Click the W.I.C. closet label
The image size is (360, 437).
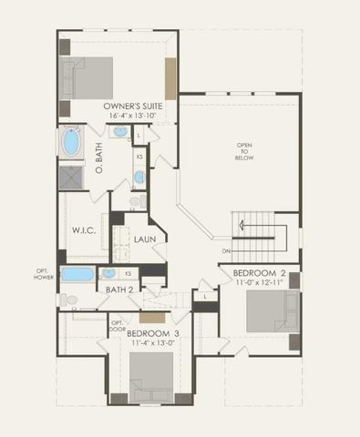[84, 230]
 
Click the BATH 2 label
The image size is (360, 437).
[119, 290]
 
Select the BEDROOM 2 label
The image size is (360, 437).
[260, 273]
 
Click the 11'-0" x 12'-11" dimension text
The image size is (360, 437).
[260, 284]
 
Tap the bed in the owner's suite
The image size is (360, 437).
[88, 77]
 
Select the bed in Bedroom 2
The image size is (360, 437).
[272, 312]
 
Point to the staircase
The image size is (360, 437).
[260, 236]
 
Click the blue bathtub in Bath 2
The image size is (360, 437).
[77, 274]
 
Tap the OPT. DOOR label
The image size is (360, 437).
[118, 325]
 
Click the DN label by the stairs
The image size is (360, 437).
[225, 251]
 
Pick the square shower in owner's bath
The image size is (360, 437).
[71, 177]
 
